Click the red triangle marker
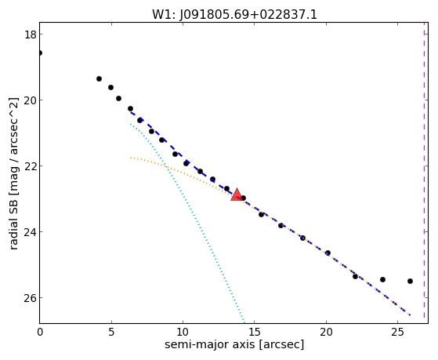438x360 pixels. click(x=237, y=195)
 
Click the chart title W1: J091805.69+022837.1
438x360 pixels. click(x=234, y=14)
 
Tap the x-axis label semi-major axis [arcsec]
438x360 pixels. click(x=234, y=344)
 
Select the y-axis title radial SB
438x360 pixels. click(x=13, y=226)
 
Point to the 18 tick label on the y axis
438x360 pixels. click(x=30, y=35)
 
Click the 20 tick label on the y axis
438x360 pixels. click(x=30, y=100)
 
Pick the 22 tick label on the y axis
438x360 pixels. click(x=30, y=165)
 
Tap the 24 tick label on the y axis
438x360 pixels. click(x=30, y=232)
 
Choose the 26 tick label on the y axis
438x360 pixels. click(x=30, y=297)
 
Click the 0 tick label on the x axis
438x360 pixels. click(x=40, y=333)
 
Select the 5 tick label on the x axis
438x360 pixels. click(x=111, y=333)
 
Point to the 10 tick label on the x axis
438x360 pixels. click(x=183, y=333)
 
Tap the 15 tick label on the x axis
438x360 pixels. click(x=255, y=333)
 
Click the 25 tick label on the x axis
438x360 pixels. click(x=397, y=333)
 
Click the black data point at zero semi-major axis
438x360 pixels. click(x=40, y=53)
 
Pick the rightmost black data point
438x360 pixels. click(x=410, y=281)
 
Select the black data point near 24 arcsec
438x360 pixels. click(x=382, y=280)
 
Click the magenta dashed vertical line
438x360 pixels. click(x=424, y=171)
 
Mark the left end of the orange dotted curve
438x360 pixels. click(x=130, y=158)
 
